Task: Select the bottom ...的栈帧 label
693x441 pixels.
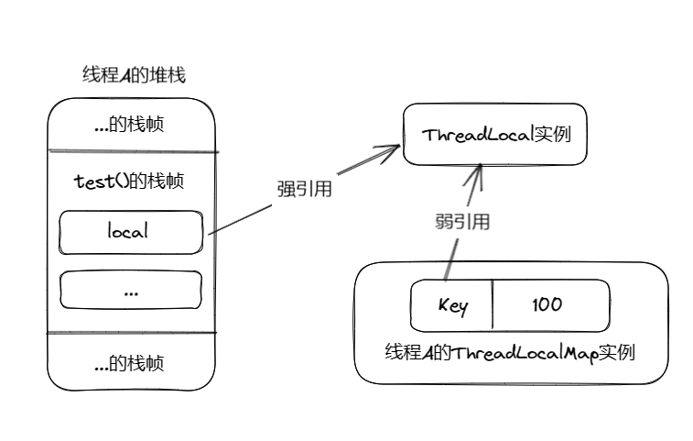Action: coord(129,363)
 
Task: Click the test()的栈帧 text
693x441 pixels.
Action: coord(129,182)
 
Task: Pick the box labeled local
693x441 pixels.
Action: coord(129,232)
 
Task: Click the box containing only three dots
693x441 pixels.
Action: coord(129,290)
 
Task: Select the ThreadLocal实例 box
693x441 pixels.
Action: coord(494,134)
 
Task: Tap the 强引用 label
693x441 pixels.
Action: coord(303,191)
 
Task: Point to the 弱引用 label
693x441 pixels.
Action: coord(461,222)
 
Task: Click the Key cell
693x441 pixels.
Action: coord(452,305)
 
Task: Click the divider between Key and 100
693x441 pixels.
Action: coord(493,305)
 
